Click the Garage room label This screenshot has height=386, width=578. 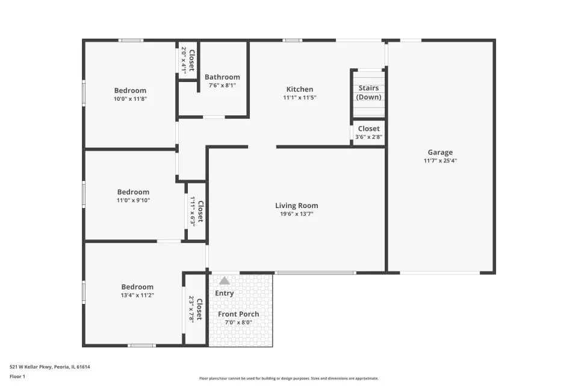point(440,152)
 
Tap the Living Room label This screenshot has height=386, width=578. point(297,206)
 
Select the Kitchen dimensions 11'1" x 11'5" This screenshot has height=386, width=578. point(300,98)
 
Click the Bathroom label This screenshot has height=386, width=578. point(222,77)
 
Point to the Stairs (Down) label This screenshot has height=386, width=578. point(368,92)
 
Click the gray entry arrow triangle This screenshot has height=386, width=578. point(225,280)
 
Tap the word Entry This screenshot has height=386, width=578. point(225,293)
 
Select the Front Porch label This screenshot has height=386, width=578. point(238,314)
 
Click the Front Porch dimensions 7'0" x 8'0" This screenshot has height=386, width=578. point(238,322)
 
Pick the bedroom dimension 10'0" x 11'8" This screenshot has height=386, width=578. point(130,99)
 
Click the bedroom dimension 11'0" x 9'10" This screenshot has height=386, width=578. point(133,200)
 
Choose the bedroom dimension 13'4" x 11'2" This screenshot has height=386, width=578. point(137,295)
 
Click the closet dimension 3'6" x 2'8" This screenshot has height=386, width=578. point(368,137)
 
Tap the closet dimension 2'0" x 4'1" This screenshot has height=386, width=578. point(183,60)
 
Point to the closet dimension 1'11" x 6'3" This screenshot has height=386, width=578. point(193,211)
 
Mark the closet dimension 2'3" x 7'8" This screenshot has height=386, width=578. point(191,309)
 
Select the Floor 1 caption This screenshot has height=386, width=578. point(17,376)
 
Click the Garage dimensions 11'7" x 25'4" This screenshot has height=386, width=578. point(440,160)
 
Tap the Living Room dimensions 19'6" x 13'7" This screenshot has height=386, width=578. point(297,214)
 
